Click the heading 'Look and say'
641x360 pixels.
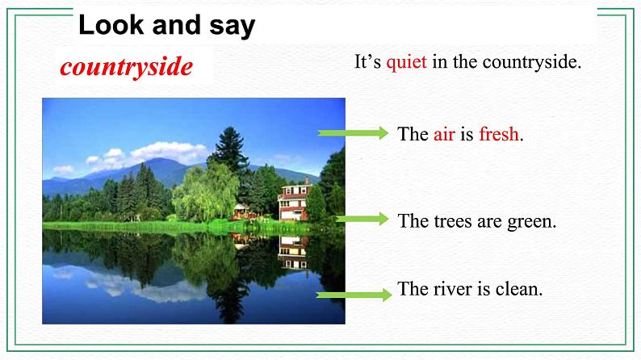tap(166, 26)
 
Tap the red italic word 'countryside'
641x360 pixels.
tap(127, 66)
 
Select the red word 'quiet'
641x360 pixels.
tap(406, 62)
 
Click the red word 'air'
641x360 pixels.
tap(444, 135)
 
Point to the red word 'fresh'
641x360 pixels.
tap(498, 135)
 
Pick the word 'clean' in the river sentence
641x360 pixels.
tap(517, 289)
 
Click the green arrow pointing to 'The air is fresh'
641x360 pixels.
tap(353, 134)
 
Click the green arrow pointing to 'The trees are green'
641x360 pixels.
tap(362, 219)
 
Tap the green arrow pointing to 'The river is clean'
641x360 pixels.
tap(353, 295)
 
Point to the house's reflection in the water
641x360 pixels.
tap(292, 252)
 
